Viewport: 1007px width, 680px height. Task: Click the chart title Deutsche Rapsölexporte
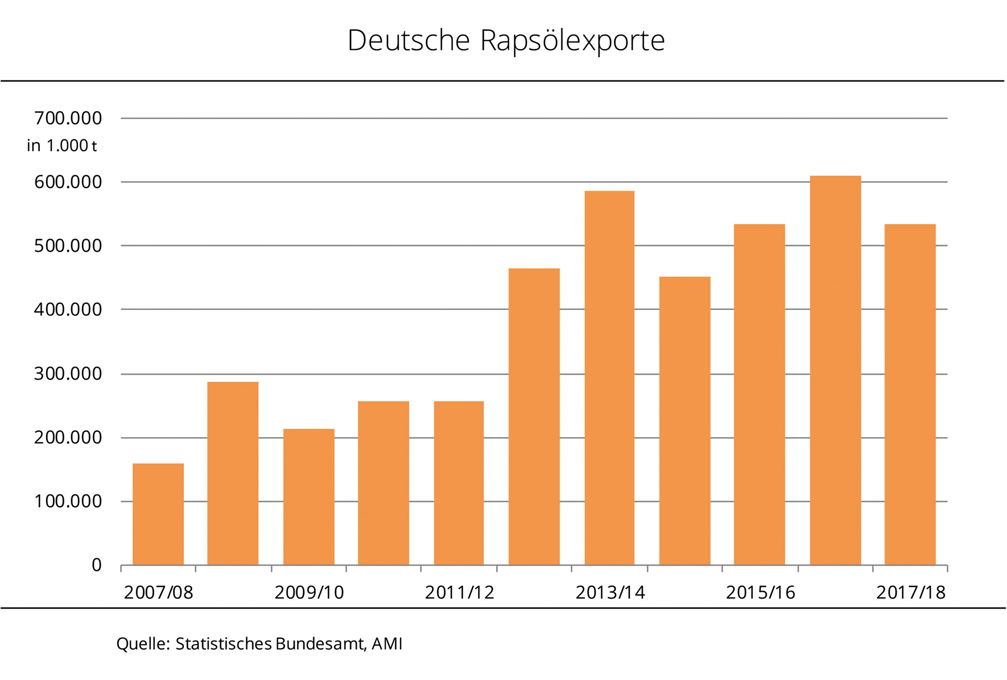click(506, 40)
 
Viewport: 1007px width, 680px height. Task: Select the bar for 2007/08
click(158, 514)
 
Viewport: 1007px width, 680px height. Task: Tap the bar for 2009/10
click(309, 497)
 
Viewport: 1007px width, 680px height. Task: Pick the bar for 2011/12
click(459, 483)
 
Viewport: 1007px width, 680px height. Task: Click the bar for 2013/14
click(609, 378)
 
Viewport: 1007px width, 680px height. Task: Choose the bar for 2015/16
click(759, 395)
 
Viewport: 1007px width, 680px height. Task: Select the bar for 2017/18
click(910, 395)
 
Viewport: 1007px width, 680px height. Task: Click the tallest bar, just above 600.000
click(835, 370)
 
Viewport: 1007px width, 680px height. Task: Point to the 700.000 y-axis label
click(68, 118)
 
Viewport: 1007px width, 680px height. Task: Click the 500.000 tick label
click(68, 246)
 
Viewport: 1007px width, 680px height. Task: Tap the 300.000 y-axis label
click(68, 374)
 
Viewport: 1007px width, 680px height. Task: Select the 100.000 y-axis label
click(68, 501)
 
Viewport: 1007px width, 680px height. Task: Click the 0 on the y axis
click(96, 565)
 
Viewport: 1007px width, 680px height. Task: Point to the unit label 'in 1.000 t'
click(62, 146)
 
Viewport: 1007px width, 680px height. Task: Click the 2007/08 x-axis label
click(158, 592)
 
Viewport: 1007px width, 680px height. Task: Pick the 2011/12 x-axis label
click(459, 592)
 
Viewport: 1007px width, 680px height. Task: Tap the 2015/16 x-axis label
click(760, 592)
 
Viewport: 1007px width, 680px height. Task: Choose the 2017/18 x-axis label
click(911, 592)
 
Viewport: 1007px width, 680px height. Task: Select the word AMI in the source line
click(387, 644)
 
